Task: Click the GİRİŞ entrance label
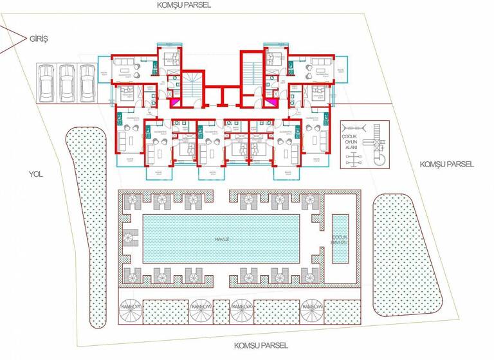tap(39, 39)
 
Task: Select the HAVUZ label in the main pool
tap(223, 238)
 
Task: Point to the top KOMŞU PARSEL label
tap(185, 4)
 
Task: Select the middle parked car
tap(66, 82)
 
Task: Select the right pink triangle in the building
tap(273, 101)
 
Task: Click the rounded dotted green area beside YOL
tap(86, 219)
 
